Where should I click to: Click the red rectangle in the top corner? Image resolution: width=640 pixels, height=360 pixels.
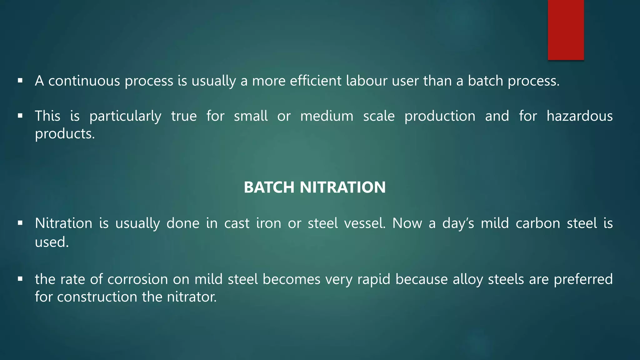[x=566, y=30]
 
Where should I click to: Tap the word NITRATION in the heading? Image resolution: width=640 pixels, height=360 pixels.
[x=342, y=187]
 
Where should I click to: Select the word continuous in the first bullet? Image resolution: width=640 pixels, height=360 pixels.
[x=84, y=81]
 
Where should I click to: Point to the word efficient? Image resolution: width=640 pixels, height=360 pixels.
[x=315, y=81]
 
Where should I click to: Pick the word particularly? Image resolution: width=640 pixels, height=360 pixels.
[x=125, y=117]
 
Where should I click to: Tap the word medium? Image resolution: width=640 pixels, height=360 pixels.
[x=327, y=116]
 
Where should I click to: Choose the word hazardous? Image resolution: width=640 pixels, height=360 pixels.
[x=579, y=116]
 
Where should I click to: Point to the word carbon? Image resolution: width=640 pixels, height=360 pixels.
[x=538, y=223]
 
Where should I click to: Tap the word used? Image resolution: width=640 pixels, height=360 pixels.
[x=52, y=242]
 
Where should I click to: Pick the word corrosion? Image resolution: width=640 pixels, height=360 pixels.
[x=137, y=279]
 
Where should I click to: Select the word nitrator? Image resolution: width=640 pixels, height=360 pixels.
[x=192, y=297]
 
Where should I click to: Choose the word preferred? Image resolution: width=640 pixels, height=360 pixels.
[x=583, y=279]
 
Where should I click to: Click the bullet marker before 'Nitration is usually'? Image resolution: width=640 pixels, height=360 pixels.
[x=20, y=223]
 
